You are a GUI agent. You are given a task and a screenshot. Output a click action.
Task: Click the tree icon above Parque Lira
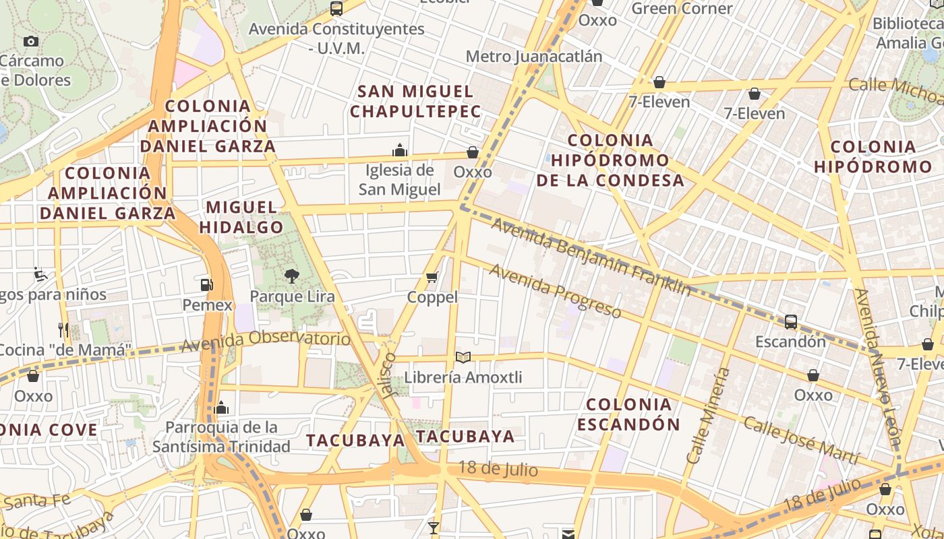[291, 276]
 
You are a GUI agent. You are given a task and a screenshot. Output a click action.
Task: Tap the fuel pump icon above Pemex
[207, 285]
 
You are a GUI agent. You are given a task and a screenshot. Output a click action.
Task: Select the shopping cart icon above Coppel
[432, 277]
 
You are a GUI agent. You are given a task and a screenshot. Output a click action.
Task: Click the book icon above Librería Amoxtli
[463, 357]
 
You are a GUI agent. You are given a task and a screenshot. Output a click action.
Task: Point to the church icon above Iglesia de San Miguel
[400, 150]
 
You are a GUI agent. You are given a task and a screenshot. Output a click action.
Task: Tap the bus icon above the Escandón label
[791, 321]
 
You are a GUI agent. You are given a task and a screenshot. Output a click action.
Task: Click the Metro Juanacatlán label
[533, 56]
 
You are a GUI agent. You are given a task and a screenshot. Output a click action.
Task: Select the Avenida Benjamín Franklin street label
[591, 257]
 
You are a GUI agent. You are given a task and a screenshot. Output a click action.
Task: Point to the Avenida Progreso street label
[555, 290]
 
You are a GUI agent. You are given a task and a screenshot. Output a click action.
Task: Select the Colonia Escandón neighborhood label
[628, 414]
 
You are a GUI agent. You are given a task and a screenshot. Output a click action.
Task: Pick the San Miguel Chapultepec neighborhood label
[416, 101]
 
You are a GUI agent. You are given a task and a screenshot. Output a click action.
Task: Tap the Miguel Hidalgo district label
[241, 217]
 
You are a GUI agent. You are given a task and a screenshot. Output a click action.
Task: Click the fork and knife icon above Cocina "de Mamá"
[63, 329]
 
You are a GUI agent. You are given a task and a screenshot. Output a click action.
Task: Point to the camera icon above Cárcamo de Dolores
[31, 41]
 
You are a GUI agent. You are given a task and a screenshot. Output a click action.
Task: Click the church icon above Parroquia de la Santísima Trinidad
[221, 408]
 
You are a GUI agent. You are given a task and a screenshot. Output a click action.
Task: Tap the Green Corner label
[682, 9]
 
